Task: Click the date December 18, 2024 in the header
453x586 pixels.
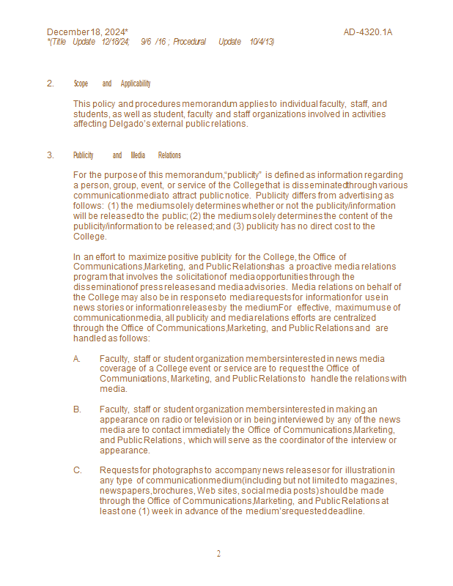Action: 87,32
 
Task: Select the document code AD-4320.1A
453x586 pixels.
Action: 368,32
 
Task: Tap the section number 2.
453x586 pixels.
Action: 50,84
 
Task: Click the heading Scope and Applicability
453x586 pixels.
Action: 112,84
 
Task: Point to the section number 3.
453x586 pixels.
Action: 50,155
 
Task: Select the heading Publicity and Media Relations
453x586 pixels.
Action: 127,155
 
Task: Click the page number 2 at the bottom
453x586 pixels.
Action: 218,554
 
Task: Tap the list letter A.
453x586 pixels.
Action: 77,359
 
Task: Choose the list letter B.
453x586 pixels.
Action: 77,409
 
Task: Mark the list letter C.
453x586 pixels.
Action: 77,470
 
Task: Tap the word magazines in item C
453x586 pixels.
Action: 374,481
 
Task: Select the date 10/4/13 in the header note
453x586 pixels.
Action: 262,42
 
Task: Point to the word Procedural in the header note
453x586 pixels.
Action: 190,42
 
